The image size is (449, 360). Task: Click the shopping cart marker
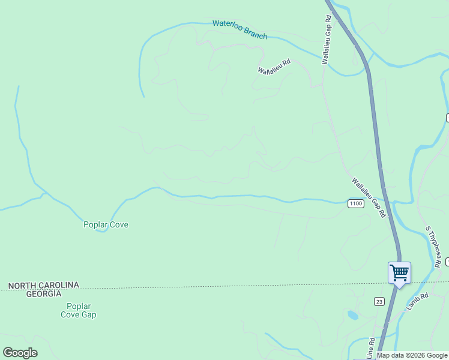[x=399, y=273]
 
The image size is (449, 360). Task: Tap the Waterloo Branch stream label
[x=240, y=29]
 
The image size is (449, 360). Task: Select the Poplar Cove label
[x=106, y=225]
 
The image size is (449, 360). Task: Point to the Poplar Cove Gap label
[x=79, y=310]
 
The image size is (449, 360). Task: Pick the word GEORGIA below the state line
[x=43, y=293]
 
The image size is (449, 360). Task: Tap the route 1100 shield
[x=355, y=204]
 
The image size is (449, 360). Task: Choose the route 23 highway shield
[x=379, y=301]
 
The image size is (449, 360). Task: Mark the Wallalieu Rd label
[x=274, y=66]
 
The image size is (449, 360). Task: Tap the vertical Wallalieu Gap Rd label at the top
[x=327, y=40]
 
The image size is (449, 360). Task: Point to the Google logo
[x=20, y=353]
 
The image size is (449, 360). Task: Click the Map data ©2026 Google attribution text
[x=412, y=355]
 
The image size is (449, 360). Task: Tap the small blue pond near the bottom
[x=353, y=314]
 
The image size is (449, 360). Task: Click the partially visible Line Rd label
[x=372, y=349]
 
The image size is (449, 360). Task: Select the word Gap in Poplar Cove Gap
[x=88, y=314]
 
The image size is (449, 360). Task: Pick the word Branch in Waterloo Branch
[x=255, y=34]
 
